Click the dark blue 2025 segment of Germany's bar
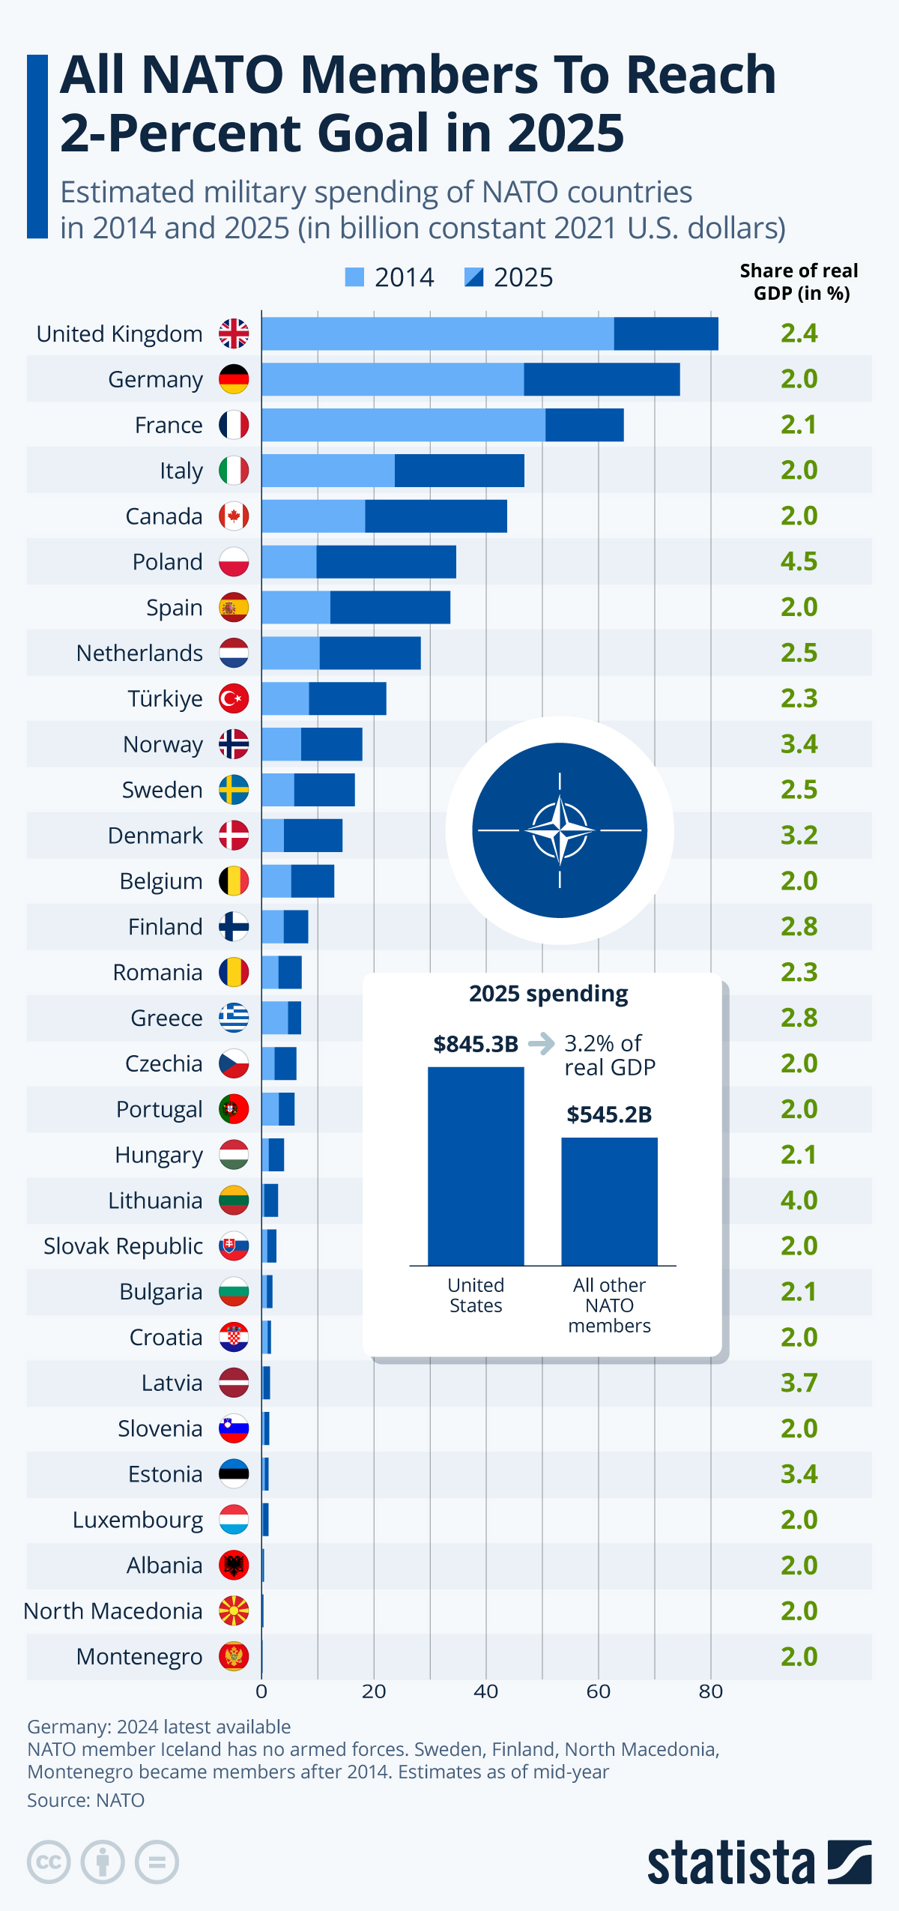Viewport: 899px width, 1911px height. pyautogui.click(x=602, y=379)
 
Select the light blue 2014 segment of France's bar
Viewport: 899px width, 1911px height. pyautogui.click(x=403, y=425)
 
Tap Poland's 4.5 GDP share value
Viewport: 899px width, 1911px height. pyautogui.click(x=799, y=561)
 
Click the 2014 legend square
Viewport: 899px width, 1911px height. pyautogui.click(x=354, y=277)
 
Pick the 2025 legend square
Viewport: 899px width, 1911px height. pyautogui.click(x=473, y=277)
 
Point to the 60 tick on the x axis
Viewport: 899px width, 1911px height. pyautogui.click(x=598, y=1691)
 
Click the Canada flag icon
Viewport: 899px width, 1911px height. pyautogui.click(x=234, y=516)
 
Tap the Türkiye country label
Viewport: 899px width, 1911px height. pyautogui.click(x=165, y=698)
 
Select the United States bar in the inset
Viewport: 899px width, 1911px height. pyautogui.click(x=476, y=1165)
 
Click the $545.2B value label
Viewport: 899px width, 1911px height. pyautogui.click(x=609, y=1114)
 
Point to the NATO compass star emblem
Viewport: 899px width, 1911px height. pyautogui.click(x=560, y=830)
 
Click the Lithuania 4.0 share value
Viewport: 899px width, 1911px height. pyautogui.click(x=799, y=1201)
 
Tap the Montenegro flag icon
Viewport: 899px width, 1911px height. pyautogui.click(x=234, y=1656)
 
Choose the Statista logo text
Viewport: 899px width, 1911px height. pyautogui.click(x=730, y=1863)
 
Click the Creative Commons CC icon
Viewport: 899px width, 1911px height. pyautogui.click(x=49, y=1862)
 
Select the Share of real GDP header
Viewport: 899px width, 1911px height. pyautogui.click(x=799, y=281)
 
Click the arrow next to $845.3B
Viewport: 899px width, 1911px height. pyautogui.click(x=541, y=1043)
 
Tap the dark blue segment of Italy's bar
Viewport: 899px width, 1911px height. pyautogui.click(x=459, y=471)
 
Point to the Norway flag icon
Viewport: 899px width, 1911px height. pyautogui.click(x=234, y=744)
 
